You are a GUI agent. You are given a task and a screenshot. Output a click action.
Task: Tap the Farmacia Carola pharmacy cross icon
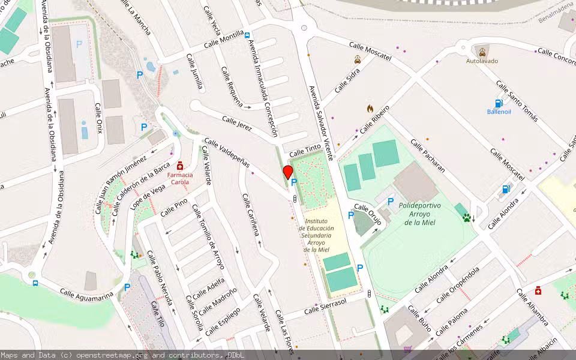point(180,166)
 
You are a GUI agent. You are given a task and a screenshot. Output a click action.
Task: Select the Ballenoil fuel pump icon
point(499,103)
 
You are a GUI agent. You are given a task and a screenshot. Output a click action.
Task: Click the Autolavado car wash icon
point(482,52)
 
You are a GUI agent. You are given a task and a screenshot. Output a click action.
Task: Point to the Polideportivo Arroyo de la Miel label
point(419,214)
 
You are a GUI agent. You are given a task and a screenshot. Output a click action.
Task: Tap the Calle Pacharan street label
point(428,155)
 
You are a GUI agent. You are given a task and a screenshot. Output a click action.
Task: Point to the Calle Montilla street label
point(223,40)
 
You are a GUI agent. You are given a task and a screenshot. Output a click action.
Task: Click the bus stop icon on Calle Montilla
point(247,35)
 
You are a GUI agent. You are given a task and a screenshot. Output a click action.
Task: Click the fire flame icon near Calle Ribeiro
point(370,109)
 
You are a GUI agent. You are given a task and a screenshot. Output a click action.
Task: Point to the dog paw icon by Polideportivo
point(467,217)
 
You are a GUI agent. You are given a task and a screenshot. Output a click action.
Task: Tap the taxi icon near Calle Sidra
point(358,59)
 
